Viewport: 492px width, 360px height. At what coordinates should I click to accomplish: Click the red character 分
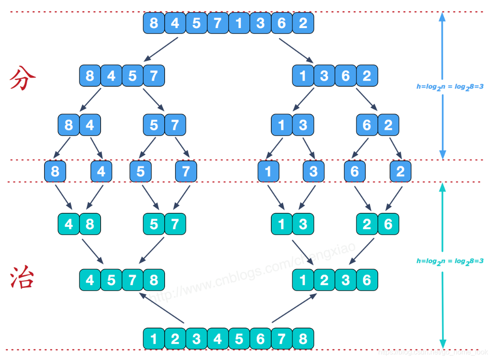pyautogui.click(x=22, y=78)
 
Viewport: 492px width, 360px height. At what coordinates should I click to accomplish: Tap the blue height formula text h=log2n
pyautogui.click(x=450, y=87)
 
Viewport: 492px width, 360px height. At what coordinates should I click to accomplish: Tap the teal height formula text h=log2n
pyautogui.click(x=450, y=261)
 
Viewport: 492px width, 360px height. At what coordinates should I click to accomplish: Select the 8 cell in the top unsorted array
pyautogui.click(x=154, y=23)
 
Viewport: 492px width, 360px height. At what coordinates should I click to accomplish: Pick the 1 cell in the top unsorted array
pyautogui.click(x=239, y=23)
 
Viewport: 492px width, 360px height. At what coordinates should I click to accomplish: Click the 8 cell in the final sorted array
pyautogui.click(x=303, y=339)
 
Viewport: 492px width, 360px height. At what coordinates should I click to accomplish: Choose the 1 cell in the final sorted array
pyautogui.click(x=154, y=339)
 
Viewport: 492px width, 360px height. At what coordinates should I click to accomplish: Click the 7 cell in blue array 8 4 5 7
pyautogui.click(x=154, y=76)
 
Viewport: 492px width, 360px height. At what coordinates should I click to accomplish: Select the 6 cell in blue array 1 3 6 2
pyautogui.click(x=346, y=76)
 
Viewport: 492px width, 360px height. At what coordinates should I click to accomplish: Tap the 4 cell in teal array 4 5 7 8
pyautogui.click(x=90, y=280)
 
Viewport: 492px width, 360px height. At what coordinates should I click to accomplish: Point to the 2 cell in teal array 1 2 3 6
pyautogui.click(x=324, y=280)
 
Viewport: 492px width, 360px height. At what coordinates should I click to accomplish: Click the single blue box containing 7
pyautogui.click(x=186, y=171)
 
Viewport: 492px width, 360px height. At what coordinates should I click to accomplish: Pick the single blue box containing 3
pyautogui.click(x=313, y=171)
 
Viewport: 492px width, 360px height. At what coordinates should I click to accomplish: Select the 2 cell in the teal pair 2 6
pyautogui.click(x=367, y=224)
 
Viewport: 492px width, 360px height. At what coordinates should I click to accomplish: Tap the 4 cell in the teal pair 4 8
pyautogui.click(x=69, y=224)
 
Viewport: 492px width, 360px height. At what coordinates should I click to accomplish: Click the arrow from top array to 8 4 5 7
pyautogui.click(x=161, y=49)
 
